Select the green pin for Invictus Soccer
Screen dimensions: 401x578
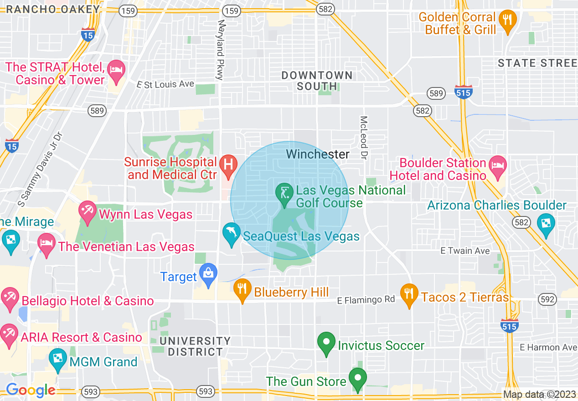326,344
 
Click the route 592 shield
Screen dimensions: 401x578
547,299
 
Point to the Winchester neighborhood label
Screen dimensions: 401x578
318,154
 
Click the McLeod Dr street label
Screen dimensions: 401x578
363,137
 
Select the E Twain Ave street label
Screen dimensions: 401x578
465,251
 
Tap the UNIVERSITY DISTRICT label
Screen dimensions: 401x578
195,346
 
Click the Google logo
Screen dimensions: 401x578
31,391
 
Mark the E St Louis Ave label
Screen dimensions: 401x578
165,84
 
